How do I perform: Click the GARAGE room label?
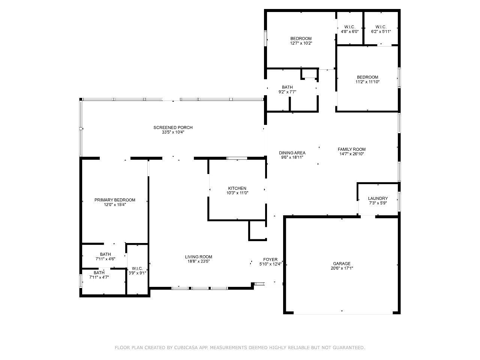[342, 264]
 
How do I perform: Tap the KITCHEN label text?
[237, 188]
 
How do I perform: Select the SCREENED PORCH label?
[173, 127]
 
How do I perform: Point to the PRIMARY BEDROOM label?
[115, 200]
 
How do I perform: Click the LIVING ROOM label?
[198, 257]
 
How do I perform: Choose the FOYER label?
[270, 259]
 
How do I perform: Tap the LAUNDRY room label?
[378, 198]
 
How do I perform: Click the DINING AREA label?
[292, 153]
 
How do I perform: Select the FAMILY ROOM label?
[352, 149]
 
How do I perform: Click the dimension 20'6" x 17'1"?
[342, 268]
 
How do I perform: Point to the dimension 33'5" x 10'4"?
[173, 132]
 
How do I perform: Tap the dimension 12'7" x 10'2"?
[301, 43]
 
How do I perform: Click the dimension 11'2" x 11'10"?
[367, 82]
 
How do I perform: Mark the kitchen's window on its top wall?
[237, 158]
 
